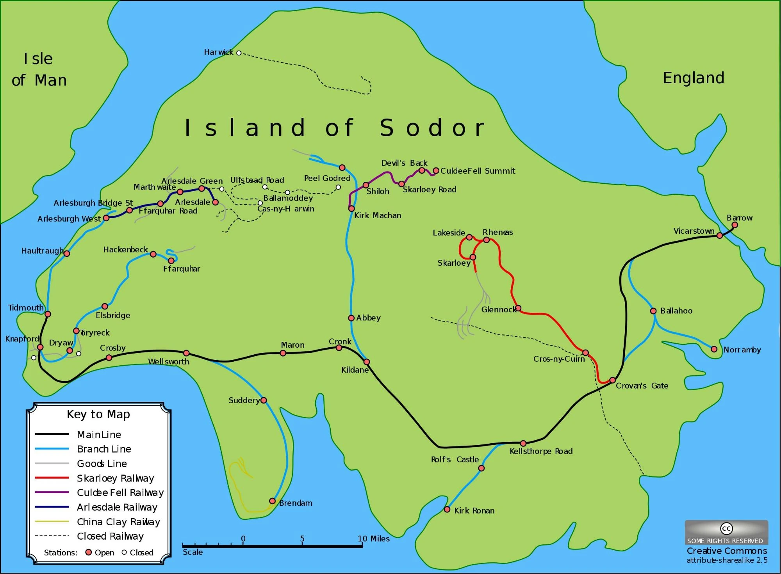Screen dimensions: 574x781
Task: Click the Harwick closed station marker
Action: pos(239,53)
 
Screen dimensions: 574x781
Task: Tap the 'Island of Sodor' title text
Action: pos(335,128)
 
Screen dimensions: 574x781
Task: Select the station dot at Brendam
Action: pos(273,501)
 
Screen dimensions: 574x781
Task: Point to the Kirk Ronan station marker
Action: pos(447,510)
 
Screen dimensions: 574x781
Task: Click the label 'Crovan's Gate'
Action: pos(642,386)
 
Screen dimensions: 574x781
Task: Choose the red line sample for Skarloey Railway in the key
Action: pos(52,478)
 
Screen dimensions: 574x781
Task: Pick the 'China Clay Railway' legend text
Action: pos(118,522)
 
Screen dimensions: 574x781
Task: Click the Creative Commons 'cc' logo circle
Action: pos(726,529)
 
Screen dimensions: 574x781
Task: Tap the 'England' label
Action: pos(694,78)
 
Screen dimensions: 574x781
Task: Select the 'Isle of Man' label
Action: pos(39,69)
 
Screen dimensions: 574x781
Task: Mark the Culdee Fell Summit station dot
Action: pos(436,171)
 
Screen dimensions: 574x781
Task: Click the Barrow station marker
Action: pos(735,225)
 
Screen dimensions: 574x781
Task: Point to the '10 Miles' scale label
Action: pos(374,539)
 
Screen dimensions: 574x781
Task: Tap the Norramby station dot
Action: pos(714,349)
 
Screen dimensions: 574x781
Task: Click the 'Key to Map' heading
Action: pos(98,414)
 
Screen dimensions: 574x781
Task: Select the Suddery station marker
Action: pos(264,400)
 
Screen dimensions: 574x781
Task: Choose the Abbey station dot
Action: pos(351,318)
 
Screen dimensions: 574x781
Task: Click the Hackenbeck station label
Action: pos(125,250)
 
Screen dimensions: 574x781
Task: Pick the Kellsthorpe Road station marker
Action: pos(523,443)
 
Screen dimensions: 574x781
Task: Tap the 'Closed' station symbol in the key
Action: pos(125,552)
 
